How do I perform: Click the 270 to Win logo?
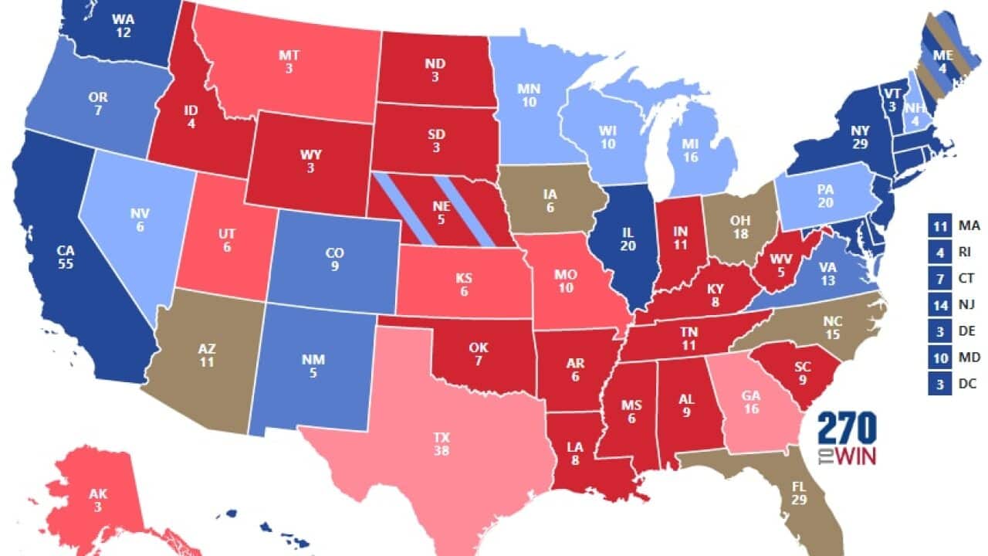[x=847, y=438]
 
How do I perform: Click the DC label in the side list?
[x=967, y=382]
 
